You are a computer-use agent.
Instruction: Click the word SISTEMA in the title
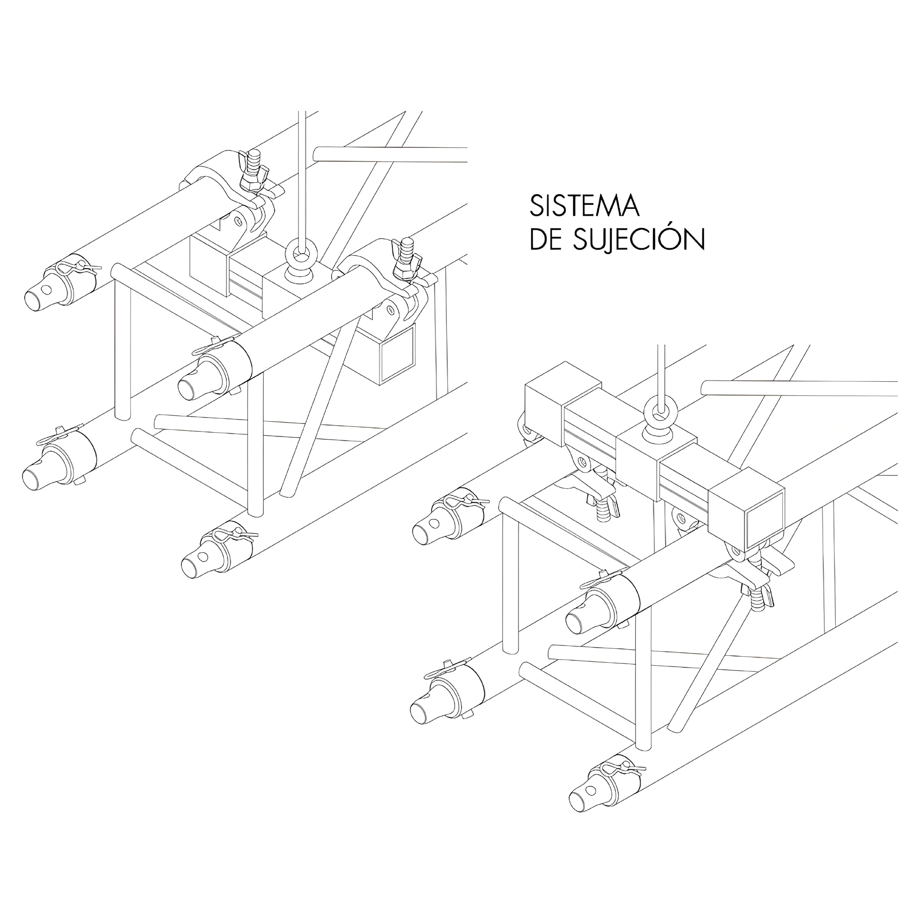point(585,206)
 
